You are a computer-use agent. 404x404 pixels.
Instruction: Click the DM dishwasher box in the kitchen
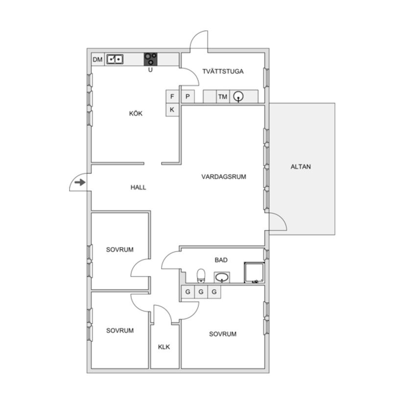[97, 60]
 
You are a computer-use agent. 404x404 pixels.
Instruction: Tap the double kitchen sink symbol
[115, 59]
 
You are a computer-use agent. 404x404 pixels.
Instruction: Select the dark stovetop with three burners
[150, 59]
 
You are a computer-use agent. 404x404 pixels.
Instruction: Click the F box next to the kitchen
[172, 96]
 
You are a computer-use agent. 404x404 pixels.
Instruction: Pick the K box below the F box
[172, 110]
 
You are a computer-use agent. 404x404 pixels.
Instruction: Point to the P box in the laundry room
[188, 96]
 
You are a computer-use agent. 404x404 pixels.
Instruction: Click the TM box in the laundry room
[223, 96]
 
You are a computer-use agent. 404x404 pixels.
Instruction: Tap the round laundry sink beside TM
[238, 96]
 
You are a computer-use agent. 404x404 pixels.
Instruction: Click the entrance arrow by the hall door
[80, 183]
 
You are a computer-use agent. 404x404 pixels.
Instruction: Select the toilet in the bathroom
[201, 276]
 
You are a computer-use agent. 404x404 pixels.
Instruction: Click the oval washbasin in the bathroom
[222, 278]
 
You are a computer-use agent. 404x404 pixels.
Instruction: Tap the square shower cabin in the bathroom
[254, 273]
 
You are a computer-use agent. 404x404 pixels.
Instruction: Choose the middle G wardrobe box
[201, 292]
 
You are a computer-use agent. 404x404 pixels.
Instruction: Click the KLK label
[164, 347]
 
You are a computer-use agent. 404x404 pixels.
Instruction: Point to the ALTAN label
[301, 166]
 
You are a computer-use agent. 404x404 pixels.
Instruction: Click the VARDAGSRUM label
[224, 177]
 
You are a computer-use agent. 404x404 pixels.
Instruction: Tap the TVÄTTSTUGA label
[223, 71]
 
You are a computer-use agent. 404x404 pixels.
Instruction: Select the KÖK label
[136, 114]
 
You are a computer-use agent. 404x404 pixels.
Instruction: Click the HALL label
[139, 188]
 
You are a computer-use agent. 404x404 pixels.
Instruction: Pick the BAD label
[221, 260]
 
